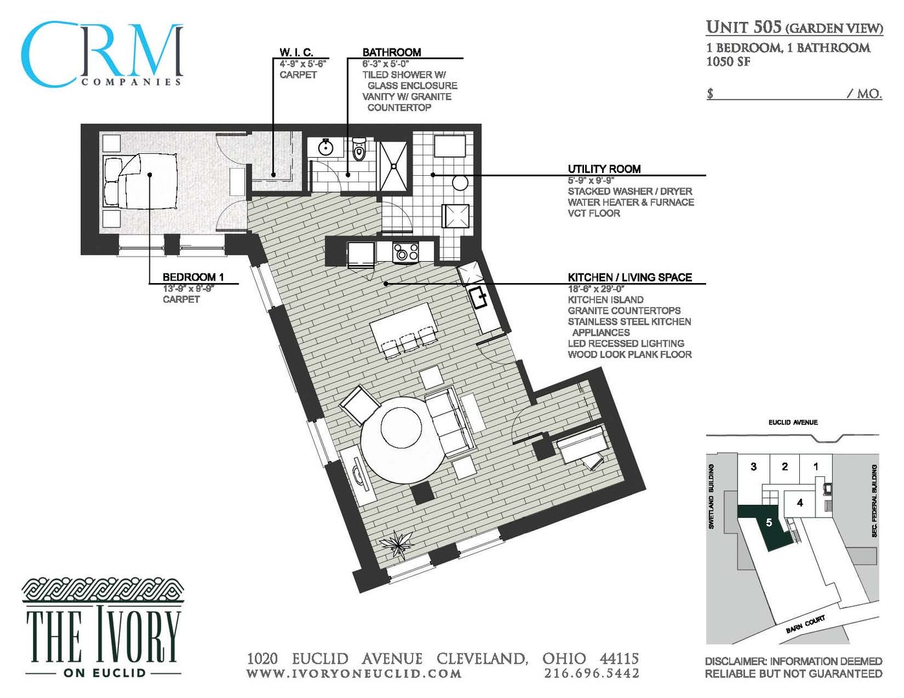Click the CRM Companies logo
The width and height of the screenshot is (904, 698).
[x=102, y=55]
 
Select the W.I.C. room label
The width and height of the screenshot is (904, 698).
[x=296, y=52]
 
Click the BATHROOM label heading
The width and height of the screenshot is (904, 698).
[x=391, y=52]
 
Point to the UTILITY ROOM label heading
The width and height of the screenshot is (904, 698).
[x=604, y=169]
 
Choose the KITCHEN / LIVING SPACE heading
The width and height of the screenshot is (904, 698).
[x=629, y=277]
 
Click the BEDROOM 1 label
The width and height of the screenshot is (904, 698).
[x=193, y=277]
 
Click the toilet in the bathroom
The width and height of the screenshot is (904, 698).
[x=359, y=151]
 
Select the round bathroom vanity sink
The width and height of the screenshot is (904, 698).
[x=325, y=148]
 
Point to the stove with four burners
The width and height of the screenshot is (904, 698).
[x=405, y=251]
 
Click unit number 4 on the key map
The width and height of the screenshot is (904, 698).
[x=800, y=502]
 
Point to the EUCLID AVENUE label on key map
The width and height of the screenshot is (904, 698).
[x=793, y=423]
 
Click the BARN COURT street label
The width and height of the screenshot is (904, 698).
[x=805, y=624]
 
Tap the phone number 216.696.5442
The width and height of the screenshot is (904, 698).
[x=592, y=673]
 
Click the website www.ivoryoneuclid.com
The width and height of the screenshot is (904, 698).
[x=354, y=673]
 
